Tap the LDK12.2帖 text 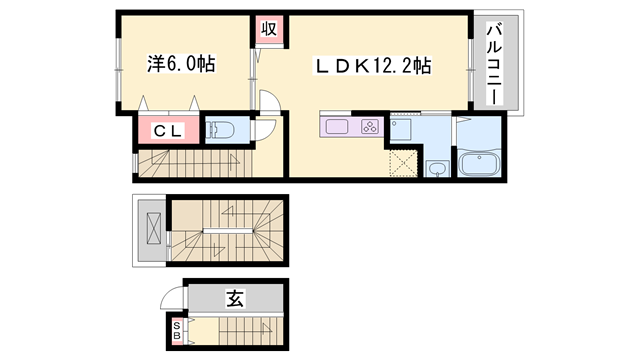[x=375, y=66]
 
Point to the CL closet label [x=166, y=130]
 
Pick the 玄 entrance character [x=234, y=297]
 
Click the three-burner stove [x=368, y=127]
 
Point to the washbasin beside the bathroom [x=436, y=168]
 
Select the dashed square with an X [x=402, y=163]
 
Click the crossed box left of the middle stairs [x=152, y=229]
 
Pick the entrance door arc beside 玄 [x=174, y=297]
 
